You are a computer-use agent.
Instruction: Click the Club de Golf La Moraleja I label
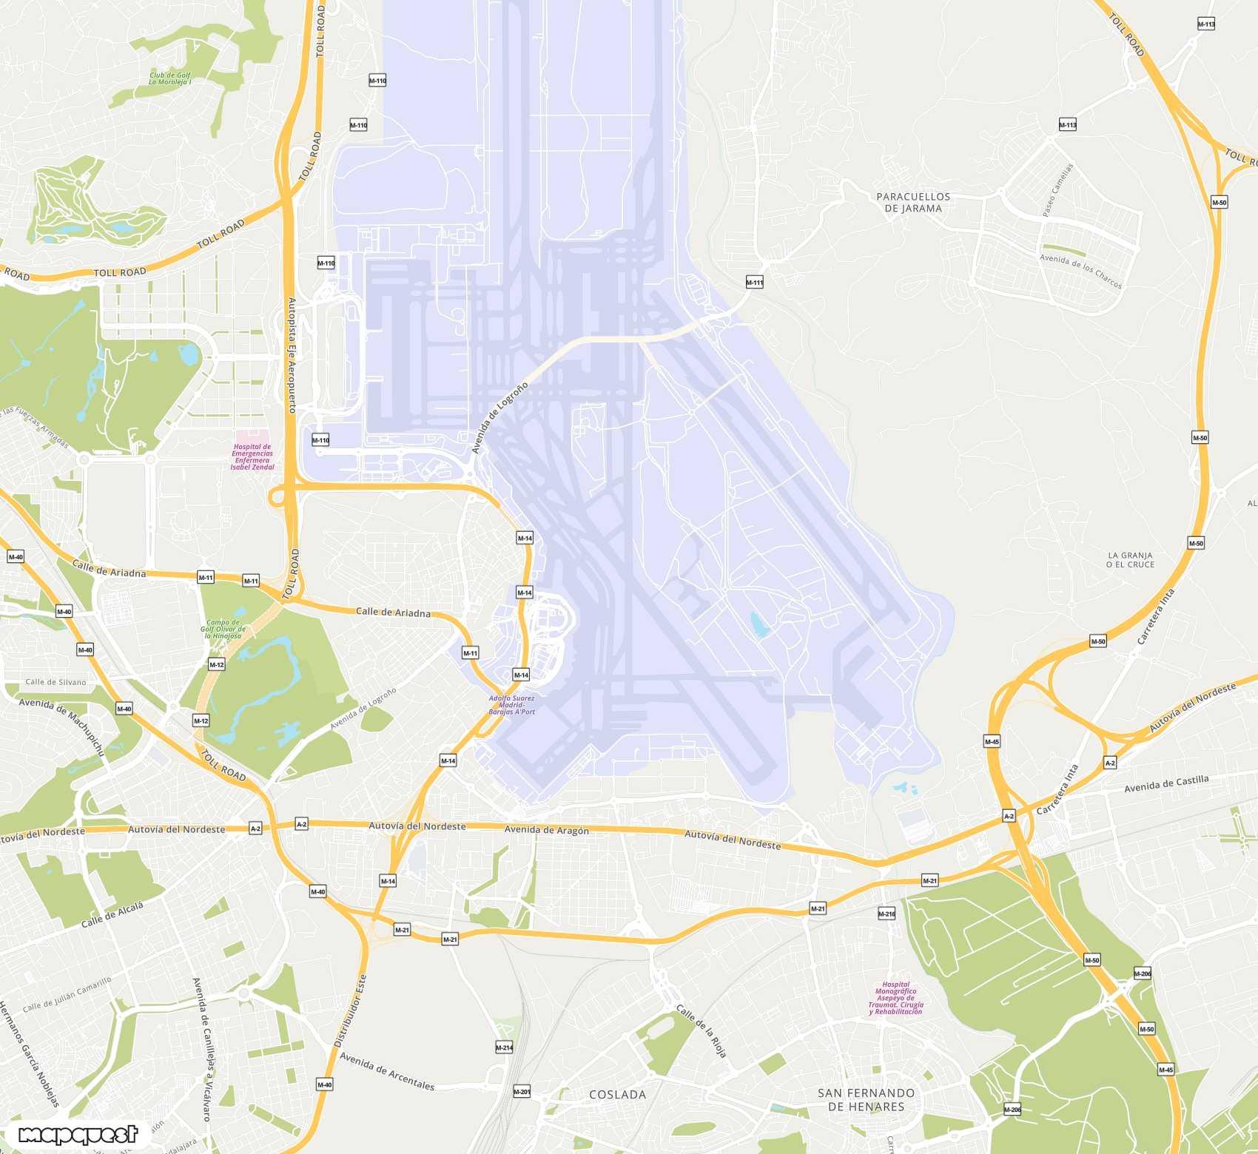[170, 78]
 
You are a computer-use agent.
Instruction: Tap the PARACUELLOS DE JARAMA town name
[913, 202]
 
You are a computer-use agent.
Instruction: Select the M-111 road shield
[754, 282]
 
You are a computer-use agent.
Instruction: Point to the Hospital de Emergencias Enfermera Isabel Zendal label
[252, 456]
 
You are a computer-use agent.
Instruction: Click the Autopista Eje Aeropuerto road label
[292, 355]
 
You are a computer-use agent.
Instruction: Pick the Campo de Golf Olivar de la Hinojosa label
[223, 629]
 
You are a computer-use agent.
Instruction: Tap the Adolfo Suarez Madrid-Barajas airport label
[511, 704]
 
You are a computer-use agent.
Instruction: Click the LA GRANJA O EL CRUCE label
[1130, 559]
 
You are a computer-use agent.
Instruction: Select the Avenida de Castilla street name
[1166, 783]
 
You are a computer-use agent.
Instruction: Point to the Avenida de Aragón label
[546, 830]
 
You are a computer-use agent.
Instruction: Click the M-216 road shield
[887, 914]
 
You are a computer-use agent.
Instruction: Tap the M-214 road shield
[504, 1047]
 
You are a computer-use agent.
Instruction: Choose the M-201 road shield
[522, 1092]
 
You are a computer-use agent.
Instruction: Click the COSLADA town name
[617, 1094]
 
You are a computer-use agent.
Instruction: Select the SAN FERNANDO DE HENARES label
[866, 1099]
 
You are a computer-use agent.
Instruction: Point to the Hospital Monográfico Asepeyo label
[896, 998]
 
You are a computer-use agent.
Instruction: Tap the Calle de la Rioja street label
[701, 1030]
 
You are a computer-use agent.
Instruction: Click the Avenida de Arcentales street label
[386, 1070]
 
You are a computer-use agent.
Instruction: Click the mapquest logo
[78, 1134]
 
